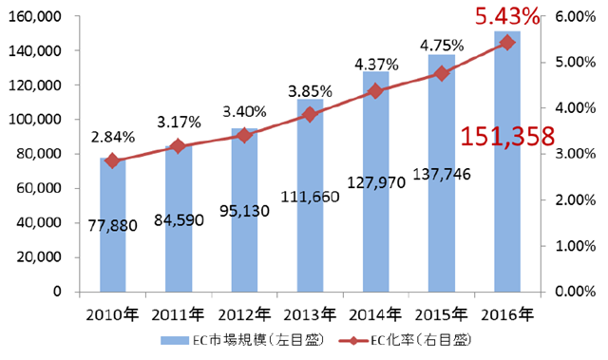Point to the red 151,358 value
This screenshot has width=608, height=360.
(507, 137)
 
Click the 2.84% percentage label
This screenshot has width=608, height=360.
(113, 136)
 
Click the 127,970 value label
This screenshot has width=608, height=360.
(376, 181)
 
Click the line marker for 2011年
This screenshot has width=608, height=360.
(179, 146)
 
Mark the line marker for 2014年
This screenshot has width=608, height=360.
(375, 91)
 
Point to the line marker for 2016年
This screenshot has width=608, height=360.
(506, 42)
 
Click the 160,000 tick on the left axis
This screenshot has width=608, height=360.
(34, 16)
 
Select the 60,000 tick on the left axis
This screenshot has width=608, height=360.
(38, 188)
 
